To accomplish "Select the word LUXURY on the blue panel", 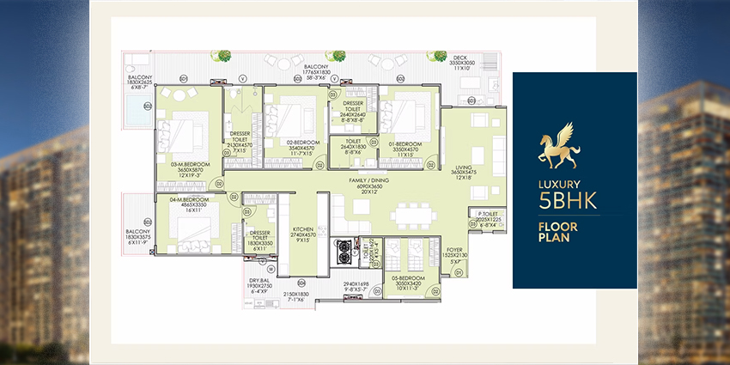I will coord(560,184).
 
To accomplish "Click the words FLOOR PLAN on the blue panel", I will coord(554,233).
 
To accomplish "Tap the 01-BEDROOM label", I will coord(404,143).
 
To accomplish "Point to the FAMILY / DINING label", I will coord(368,180).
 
